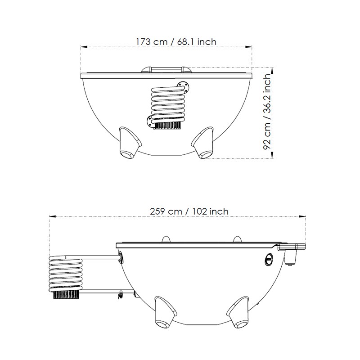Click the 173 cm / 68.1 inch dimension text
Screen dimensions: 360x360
click(176, 42)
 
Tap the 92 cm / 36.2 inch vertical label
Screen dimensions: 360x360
click(267, 112)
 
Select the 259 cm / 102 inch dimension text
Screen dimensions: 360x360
click(189, 211)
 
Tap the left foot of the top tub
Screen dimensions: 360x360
click(130, 143)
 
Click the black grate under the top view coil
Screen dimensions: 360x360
click(166, 125)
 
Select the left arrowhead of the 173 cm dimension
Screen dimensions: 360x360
click(84, 47)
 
